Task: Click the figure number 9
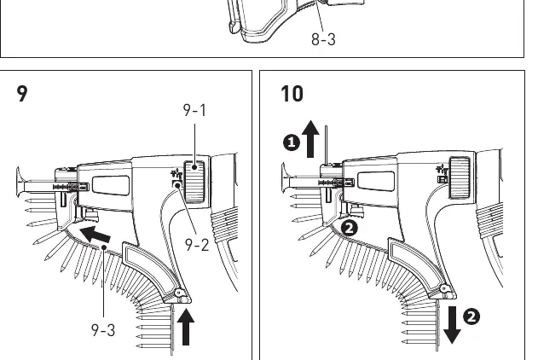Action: [22, 94]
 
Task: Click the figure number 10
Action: [292, 94]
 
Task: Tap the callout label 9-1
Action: [194, 111]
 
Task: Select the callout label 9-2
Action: [197, 245]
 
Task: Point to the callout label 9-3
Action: [103, 330]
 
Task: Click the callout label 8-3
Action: [323, 39]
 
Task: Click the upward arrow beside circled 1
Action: [310, 139]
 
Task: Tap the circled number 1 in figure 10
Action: [292, 142]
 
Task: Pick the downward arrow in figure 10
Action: [452, 325]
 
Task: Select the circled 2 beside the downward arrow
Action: [471, 316]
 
